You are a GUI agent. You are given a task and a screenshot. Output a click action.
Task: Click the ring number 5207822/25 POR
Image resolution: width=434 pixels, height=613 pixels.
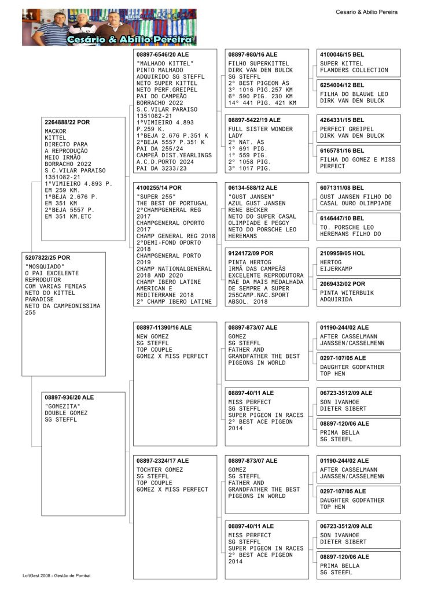point(48,257)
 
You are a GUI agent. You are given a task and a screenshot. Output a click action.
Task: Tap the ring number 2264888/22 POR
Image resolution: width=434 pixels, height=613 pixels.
point(67,122)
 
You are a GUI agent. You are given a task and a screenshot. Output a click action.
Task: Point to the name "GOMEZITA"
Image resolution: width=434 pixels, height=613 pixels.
point(61,406)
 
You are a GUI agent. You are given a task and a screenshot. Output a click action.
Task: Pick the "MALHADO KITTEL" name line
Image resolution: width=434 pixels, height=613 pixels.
point(165,63)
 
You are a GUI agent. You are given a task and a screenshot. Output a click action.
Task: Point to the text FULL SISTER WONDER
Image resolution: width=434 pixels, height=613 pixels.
point(253,129)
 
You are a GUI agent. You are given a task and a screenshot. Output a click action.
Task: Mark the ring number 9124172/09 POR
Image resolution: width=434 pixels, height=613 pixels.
point(251,253)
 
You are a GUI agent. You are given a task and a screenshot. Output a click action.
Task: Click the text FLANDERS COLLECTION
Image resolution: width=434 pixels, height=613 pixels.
point(354,70)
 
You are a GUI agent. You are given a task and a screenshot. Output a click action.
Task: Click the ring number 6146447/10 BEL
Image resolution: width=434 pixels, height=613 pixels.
point(342,218)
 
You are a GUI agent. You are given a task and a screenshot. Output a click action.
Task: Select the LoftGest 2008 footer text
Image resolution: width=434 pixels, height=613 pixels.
point(57,575)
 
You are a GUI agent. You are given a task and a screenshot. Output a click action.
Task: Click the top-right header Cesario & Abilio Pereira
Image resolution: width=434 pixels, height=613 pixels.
point(366,12)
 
